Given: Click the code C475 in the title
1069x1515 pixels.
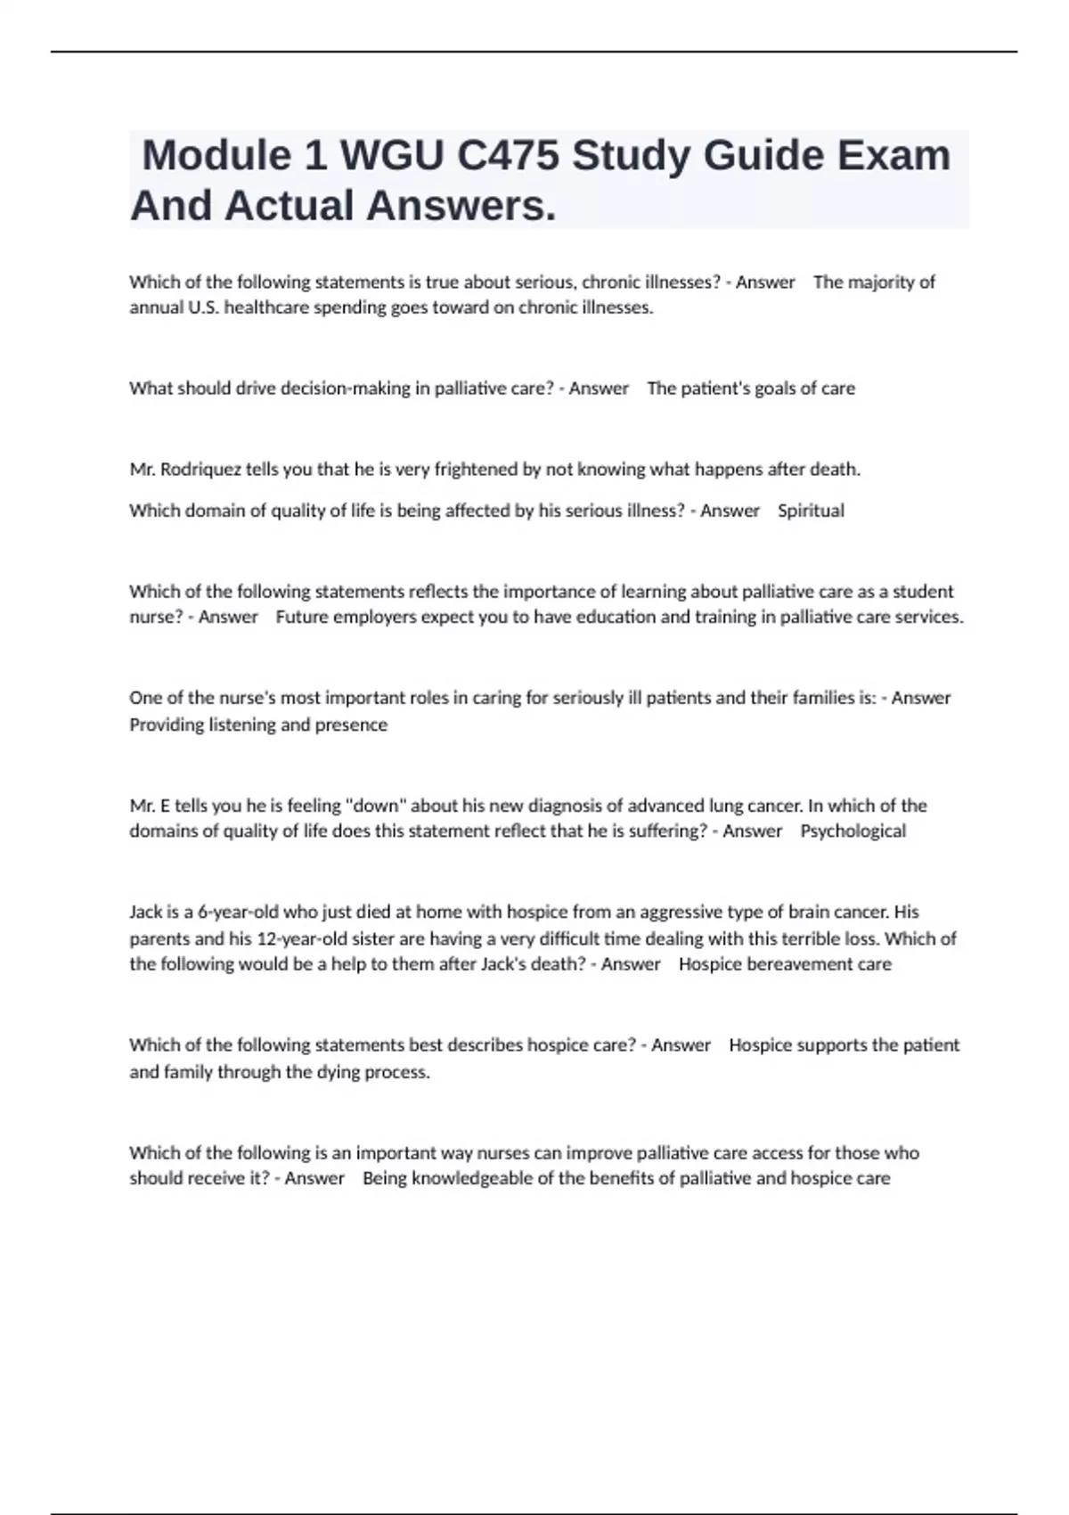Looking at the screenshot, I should click(508, 156).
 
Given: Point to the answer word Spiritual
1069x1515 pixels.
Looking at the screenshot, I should click(811, 511).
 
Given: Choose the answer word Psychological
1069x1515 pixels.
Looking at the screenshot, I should click(853, 831).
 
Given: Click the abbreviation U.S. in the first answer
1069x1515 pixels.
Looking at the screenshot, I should click(201, 308).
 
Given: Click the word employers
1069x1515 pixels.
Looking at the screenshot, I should click(374, 618).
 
